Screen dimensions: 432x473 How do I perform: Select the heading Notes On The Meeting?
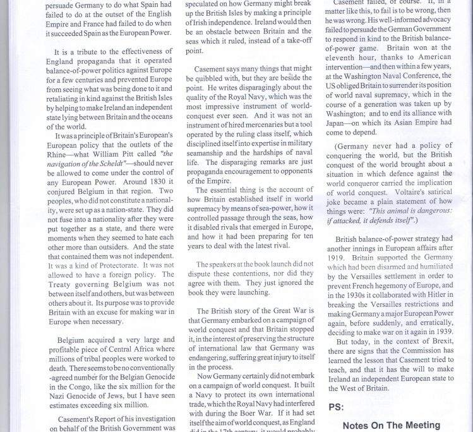point(391,425)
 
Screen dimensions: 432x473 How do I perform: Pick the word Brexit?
point(440,342)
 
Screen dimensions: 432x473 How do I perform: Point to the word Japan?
point(339,123)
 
